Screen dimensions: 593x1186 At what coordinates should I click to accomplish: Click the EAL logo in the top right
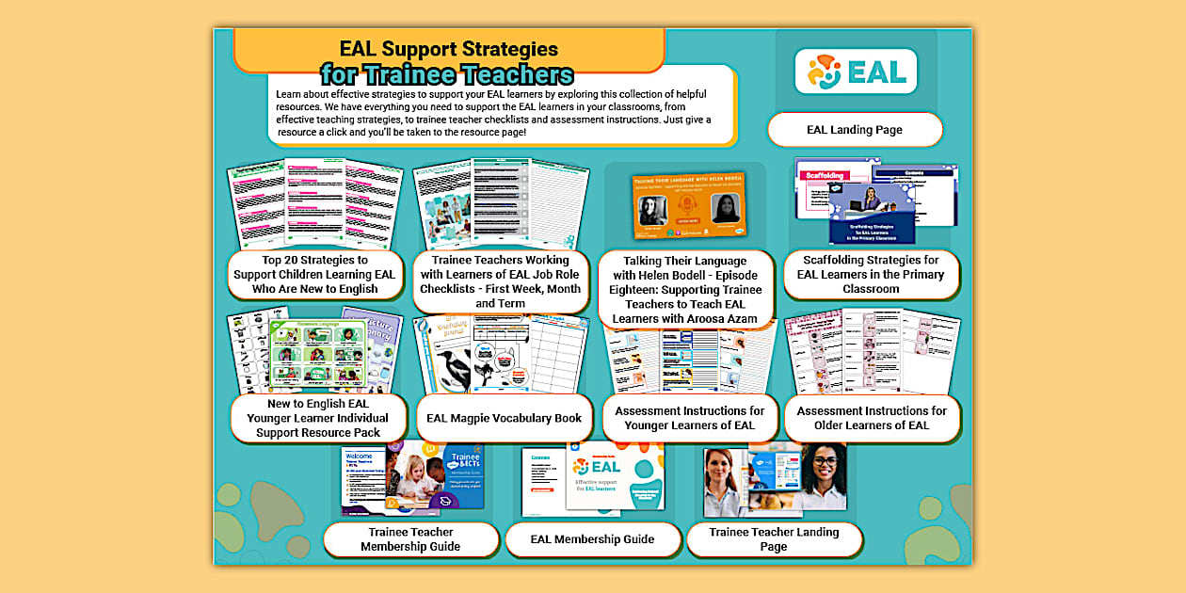tap(855, 72)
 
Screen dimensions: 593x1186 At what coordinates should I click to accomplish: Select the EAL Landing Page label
tap(854, 130)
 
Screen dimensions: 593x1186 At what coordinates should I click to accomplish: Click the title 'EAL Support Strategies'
tap(448, 49)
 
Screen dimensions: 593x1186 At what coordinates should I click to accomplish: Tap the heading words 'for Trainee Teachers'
tap(446, 74)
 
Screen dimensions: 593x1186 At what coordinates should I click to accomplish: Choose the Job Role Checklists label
tap(500, 281)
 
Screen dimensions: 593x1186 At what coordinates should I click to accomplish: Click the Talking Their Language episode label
tap(686, 289)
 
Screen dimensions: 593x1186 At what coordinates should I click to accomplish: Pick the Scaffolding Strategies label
tap(871, 274)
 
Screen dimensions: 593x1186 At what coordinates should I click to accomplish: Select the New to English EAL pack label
tap(318, 418)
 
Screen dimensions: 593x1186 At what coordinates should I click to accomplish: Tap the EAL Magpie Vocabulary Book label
tap(504, 418)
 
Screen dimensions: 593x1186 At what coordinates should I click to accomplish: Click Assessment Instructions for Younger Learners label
tap(689, 418)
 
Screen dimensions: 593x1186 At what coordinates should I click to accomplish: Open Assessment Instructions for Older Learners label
tap(872, 418)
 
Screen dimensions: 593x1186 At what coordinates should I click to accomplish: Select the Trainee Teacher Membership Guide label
tap(410, 539)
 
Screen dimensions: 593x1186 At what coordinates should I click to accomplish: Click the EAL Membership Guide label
tap(592, 539)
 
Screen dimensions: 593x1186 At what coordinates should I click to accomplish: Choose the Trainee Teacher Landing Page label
tap(774, 539)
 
